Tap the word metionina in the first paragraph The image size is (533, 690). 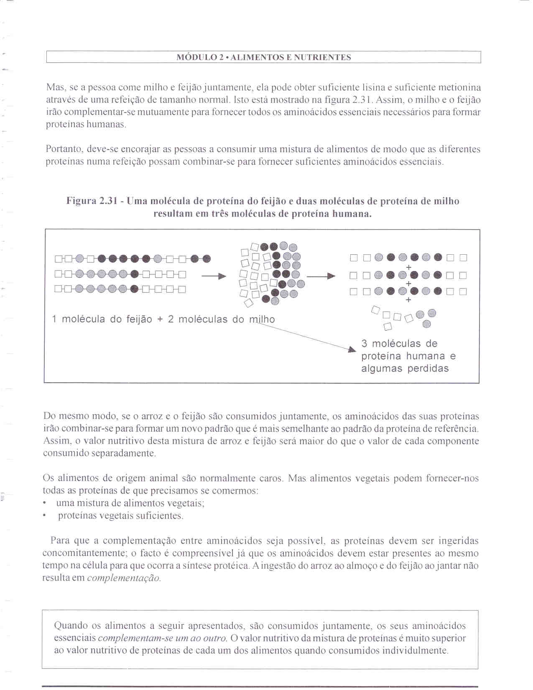pos(460,87)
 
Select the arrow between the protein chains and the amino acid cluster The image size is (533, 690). pos(214,276)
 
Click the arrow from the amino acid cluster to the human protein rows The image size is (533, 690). pos(321,276)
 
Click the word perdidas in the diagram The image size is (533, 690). pos(428,368)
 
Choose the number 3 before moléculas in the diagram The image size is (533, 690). pos(364,344)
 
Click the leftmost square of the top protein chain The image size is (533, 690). pos(58,259)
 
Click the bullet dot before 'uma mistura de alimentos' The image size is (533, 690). pos(45,503)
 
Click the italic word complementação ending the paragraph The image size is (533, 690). pos(124,578)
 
